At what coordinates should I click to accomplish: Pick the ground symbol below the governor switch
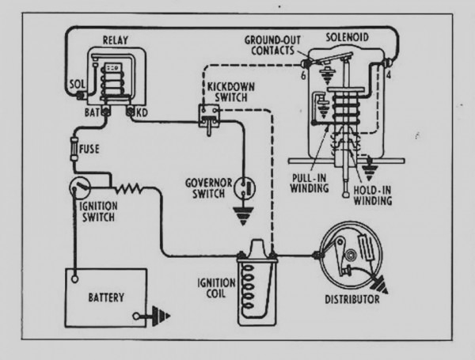[243, 214]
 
